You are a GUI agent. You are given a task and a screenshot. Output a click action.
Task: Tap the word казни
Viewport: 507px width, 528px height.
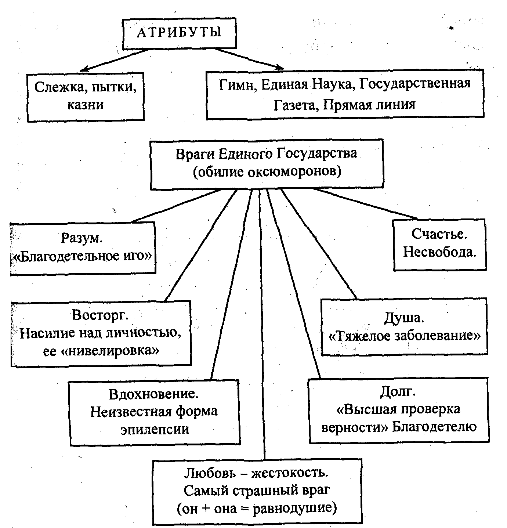pos(85,105)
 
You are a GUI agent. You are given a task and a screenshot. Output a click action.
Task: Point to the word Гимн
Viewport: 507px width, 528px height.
pos(235,84)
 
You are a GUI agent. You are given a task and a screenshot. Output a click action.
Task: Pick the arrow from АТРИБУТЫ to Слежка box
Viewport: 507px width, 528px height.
pos(114,59)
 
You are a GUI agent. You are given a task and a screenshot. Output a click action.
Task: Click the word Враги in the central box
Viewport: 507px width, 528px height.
pos(195,154)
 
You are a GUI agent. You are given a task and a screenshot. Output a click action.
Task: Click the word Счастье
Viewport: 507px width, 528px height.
pos(439,234)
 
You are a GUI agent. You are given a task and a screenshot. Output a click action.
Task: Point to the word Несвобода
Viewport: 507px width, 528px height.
pos(439,252)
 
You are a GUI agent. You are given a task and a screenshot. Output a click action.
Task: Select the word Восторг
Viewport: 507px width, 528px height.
pos(100,315)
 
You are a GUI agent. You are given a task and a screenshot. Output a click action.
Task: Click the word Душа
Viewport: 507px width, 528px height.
pos(404,318)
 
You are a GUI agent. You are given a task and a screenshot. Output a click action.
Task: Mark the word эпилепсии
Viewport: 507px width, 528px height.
pos(155,429)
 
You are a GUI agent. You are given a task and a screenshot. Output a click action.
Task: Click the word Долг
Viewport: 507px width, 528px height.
pos(398,391)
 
